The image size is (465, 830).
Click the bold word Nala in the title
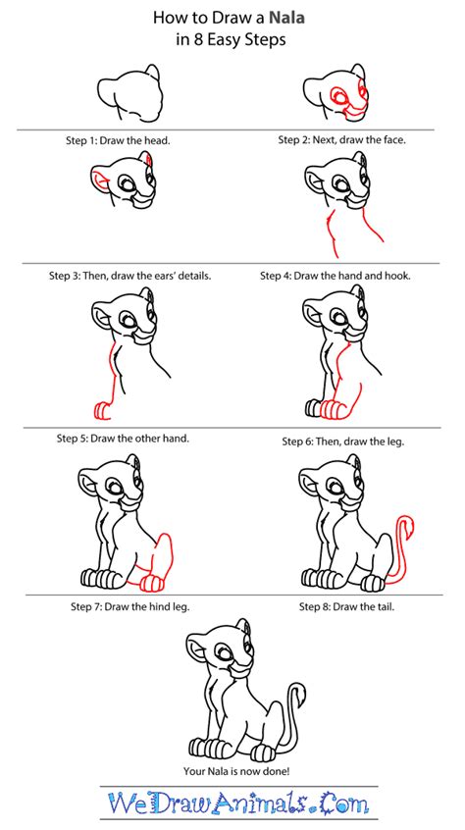tap(287, 18)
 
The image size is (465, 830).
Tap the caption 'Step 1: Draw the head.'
tap(118, 141)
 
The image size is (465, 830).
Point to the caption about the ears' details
tap(130, 276)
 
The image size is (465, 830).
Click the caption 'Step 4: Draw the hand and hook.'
tap(336, 276)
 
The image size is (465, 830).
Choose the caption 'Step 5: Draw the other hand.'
tap(124, 439)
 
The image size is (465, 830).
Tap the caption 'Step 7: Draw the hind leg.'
tap(130, 607)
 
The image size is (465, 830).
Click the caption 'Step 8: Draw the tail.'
tap(347, 607)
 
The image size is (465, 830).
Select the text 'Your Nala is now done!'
tap(236, 771)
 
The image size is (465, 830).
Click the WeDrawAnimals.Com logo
tap(237, 803)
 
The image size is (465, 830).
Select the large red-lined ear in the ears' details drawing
tap(100, 177)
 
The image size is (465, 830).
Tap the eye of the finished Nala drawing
tap(227, 651)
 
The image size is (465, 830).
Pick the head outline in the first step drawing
tap(129, 93)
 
